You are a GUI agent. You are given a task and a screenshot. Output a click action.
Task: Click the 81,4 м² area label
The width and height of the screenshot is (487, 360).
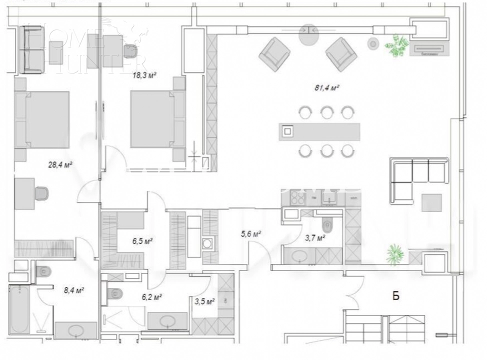[x=327, y=87]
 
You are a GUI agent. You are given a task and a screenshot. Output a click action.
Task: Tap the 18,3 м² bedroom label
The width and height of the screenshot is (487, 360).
[x=144, y=75]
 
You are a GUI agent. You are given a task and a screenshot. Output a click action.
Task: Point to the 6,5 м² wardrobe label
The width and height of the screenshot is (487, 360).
[x=142, y=240]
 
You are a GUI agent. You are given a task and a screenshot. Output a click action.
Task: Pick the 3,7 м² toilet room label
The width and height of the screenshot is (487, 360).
[x=315, y=237]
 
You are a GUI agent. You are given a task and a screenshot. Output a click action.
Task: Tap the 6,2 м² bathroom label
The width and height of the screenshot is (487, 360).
[x=150, y=297]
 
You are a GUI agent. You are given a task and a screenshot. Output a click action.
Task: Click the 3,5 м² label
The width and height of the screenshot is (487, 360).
[x=204, y=301]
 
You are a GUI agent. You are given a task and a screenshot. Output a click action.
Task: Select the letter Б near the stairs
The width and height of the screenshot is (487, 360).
[x=395, y=295]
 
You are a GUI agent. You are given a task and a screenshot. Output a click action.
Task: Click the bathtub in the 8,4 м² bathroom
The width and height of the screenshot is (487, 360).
[x=19, y=308]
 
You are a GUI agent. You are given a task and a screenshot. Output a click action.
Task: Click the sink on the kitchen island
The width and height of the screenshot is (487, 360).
[x=288, y=131]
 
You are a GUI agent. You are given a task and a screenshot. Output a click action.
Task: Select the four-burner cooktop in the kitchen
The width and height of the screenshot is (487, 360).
[x=298, y=198]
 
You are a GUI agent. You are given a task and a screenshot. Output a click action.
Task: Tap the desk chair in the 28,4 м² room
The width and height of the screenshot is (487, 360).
[x=41, y=193]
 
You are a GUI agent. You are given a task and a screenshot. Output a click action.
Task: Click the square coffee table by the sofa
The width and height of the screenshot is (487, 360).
[x=431, y=202]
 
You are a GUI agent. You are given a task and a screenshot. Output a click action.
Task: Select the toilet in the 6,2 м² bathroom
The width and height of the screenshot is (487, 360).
[x=114, y=292]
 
